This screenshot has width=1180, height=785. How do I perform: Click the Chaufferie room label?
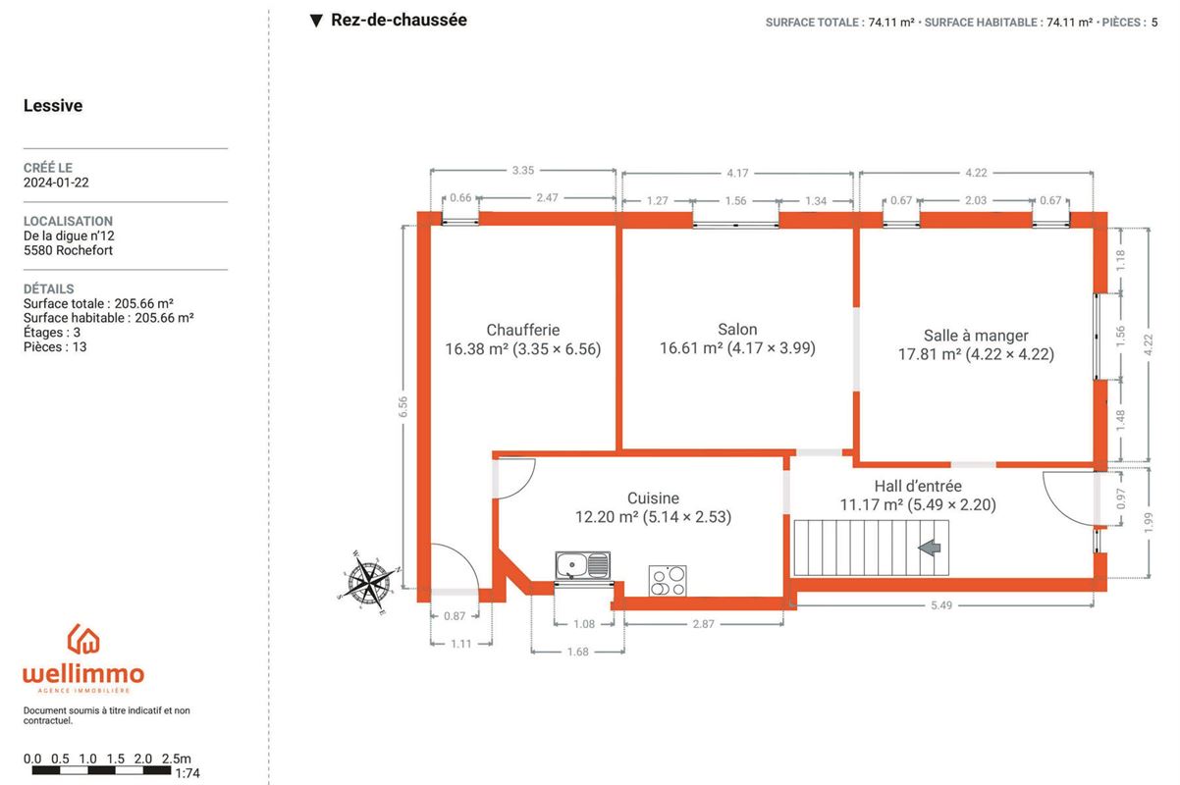click(522, 330)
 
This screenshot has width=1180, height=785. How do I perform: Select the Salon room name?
click(737, 330)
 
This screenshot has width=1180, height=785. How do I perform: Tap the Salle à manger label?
click(976, 336)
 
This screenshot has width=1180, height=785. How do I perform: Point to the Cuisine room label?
click(653, 498)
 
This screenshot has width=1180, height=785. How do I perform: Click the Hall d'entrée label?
click(918, 486)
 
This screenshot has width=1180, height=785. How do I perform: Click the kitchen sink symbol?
click(582, 565)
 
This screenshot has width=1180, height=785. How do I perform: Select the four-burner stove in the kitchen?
click(668, 581)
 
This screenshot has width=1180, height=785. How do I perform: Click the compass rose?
click(369, 583)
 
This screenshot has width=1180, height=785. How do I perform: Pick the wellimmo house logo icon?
click(83, 639)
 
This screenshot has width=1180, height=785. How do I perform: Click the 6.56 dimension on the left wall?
click(403, 407)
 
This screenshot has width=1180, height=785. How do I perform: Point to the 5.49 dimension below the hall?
click(940, 605)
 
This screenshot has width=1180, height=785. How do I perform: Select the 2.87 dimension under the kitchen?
click(703, 624)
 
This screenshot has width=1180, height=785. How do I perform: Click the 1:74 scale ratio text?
click(188, 773)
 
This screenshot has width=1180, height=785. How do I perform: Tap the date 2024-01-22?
click(56, 183)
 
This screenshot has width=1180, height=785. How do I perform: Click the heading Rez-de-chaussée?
click(399, 20)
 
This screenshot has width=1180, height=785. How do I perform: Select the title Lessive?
click(53, 105)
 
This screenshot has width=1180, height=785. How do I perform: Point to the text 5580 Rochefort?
click(68, 250)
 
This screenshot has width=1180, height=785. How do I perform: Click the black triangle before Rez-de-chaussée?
click(316, 21)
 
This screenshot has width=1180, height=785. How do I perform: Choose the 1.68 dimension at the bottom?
click(577, 653)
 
